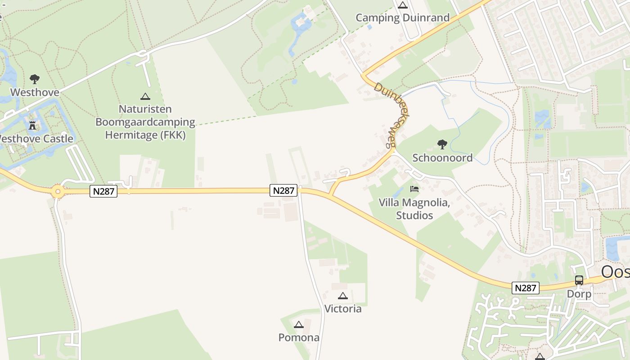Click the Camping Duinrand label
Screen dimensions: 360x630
click(402, 18)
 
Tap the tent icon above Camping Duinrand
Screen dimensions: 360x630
click(402, 5)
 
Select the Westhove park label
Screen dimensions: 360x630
click(35, 92)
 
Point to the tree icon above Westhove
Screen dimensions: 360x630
click(35, 79)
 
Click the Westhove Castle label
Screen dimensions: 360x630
click(36, 139)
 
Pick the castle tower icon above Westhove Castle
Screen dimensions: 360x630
click(32, 125)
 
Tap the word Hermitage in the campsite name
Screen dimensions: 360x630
click(130, 135)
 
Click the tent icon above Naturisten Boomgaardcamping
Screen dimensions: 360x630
click(145, 96)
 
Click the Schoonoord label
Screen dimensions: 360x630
click(442, 157)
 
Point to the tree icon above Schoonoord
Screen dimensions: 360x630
click(442, 144)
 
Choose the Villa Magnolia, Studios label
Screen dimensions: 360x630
click(414, 209)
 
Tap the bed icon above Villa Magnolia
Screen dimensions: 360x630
click(414, 189)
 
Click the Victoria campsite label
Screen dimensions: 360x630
click(343, 309)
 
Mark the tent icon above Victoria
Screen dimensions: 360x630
click(343, 296)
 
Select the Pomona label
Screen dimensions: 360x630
click(299, 337)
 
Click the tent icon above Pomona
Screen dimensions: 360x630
click(299, 324)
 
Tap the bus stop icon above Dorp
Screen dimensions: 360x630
click(579, 280)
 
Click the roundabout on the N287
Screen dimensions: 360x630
click(58, 192)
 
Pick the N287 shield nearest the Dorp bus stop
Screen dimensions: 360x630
click(525, 288)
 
